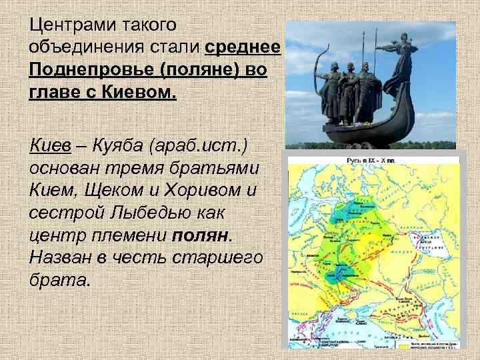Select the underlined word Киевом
[141, 92]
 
